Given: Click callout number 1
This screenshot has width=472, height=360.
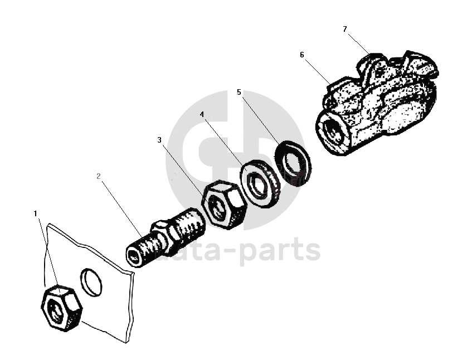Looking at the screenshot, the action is coord(35,213).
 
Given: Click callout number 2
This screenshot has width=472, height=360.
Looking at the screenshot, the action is coord(98,176).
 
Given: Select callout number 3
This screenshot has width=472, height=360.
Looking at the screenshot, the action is coord(159,140).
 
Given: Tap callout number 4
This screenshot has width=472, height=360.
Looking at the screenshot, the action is coord(202,114).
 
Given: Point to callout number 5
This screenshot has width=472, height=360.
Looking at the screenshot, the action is coord(239,92).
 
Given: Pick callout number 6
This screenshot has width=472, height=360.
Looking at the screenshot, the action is coord(301,55).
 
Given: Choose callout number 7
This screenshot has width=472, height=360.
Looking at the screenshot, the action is coord(345,28).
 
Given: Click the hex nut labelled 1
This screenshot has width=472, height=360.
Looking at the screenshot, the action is coord(61,307).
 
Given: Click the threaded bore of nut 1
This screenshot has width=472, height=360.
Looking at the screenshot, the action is coord(57,308).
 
